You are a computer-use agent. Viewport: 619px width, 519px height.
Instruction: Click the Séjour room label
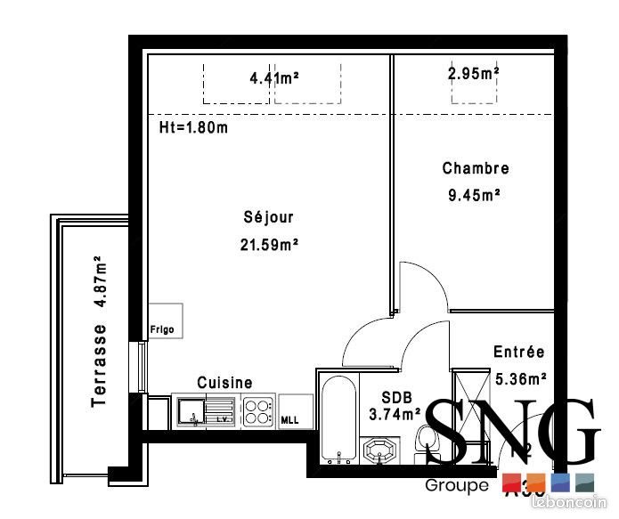pos(268,217)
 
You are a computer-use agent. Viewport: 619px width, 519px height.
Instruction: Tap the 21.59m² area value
pos(268,244)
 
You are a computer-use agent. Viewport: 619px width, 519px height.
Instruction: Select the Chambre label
pos(476,168)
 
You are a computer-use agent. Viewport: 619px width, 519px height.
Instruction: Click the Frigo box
pos(166,321)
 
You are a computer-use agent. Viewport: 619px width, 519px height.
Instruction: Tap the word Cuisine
pos(224,382)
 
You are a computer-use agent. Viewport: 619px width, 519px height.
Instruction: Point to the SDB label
pos(395,396)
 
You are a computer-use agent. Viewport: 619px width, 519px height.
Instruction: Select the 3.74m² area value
pos(395,414)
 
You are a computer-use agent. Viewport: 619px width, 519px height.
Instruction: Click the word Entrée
pos(518,353)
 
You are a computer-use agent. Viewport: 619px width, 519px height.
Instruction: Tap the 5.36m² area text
pos(520,378)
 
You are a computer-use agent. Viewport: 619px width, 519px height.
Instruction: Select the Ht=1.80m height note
pos(193,127)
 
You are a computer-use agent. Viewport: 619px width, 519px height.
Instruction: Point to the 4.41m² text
pos(274,78)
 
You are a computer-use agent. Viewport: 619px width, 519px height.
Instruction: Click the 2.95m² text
pos(473,73)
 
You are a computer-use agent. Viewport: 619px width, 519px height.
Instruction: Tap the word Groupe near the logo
pos(457,486)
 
